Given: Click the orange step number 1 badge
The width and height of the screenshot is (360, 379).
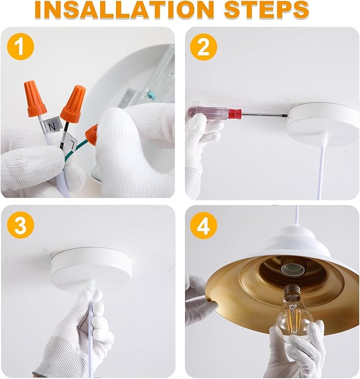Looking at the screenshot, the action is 21,47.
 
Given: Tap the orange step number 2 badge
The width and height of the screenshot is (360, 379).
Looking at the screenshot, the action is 204,47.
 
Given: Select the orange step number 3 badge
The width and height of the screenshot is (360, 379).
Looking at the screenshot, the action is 21,225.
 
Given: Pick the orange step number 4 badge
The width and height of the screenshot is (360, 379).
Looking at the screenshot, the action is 204,225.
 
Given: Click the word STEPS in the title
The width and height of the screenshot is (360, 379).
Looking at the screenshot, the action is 267,10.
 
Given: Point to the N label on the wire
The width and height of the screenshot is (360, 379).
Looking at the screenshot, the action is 52,126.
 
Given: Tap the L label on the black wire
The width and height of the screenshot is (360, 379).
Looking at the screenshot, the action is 71,143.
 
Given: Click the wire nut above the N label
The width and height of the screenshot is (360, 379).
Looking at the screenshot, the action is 35,99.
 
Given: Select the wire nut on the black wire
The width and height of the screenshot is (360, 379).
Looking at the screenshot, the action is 73,103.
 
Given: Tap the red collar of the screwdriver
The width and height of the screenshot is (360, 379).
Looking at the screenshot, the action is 235,113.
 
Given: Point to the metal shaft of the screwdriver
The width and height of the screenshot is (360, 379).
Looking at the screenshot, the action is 265,115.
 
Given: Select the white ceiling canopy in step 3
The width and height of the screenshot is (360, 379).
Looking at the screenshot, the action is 91,264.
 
